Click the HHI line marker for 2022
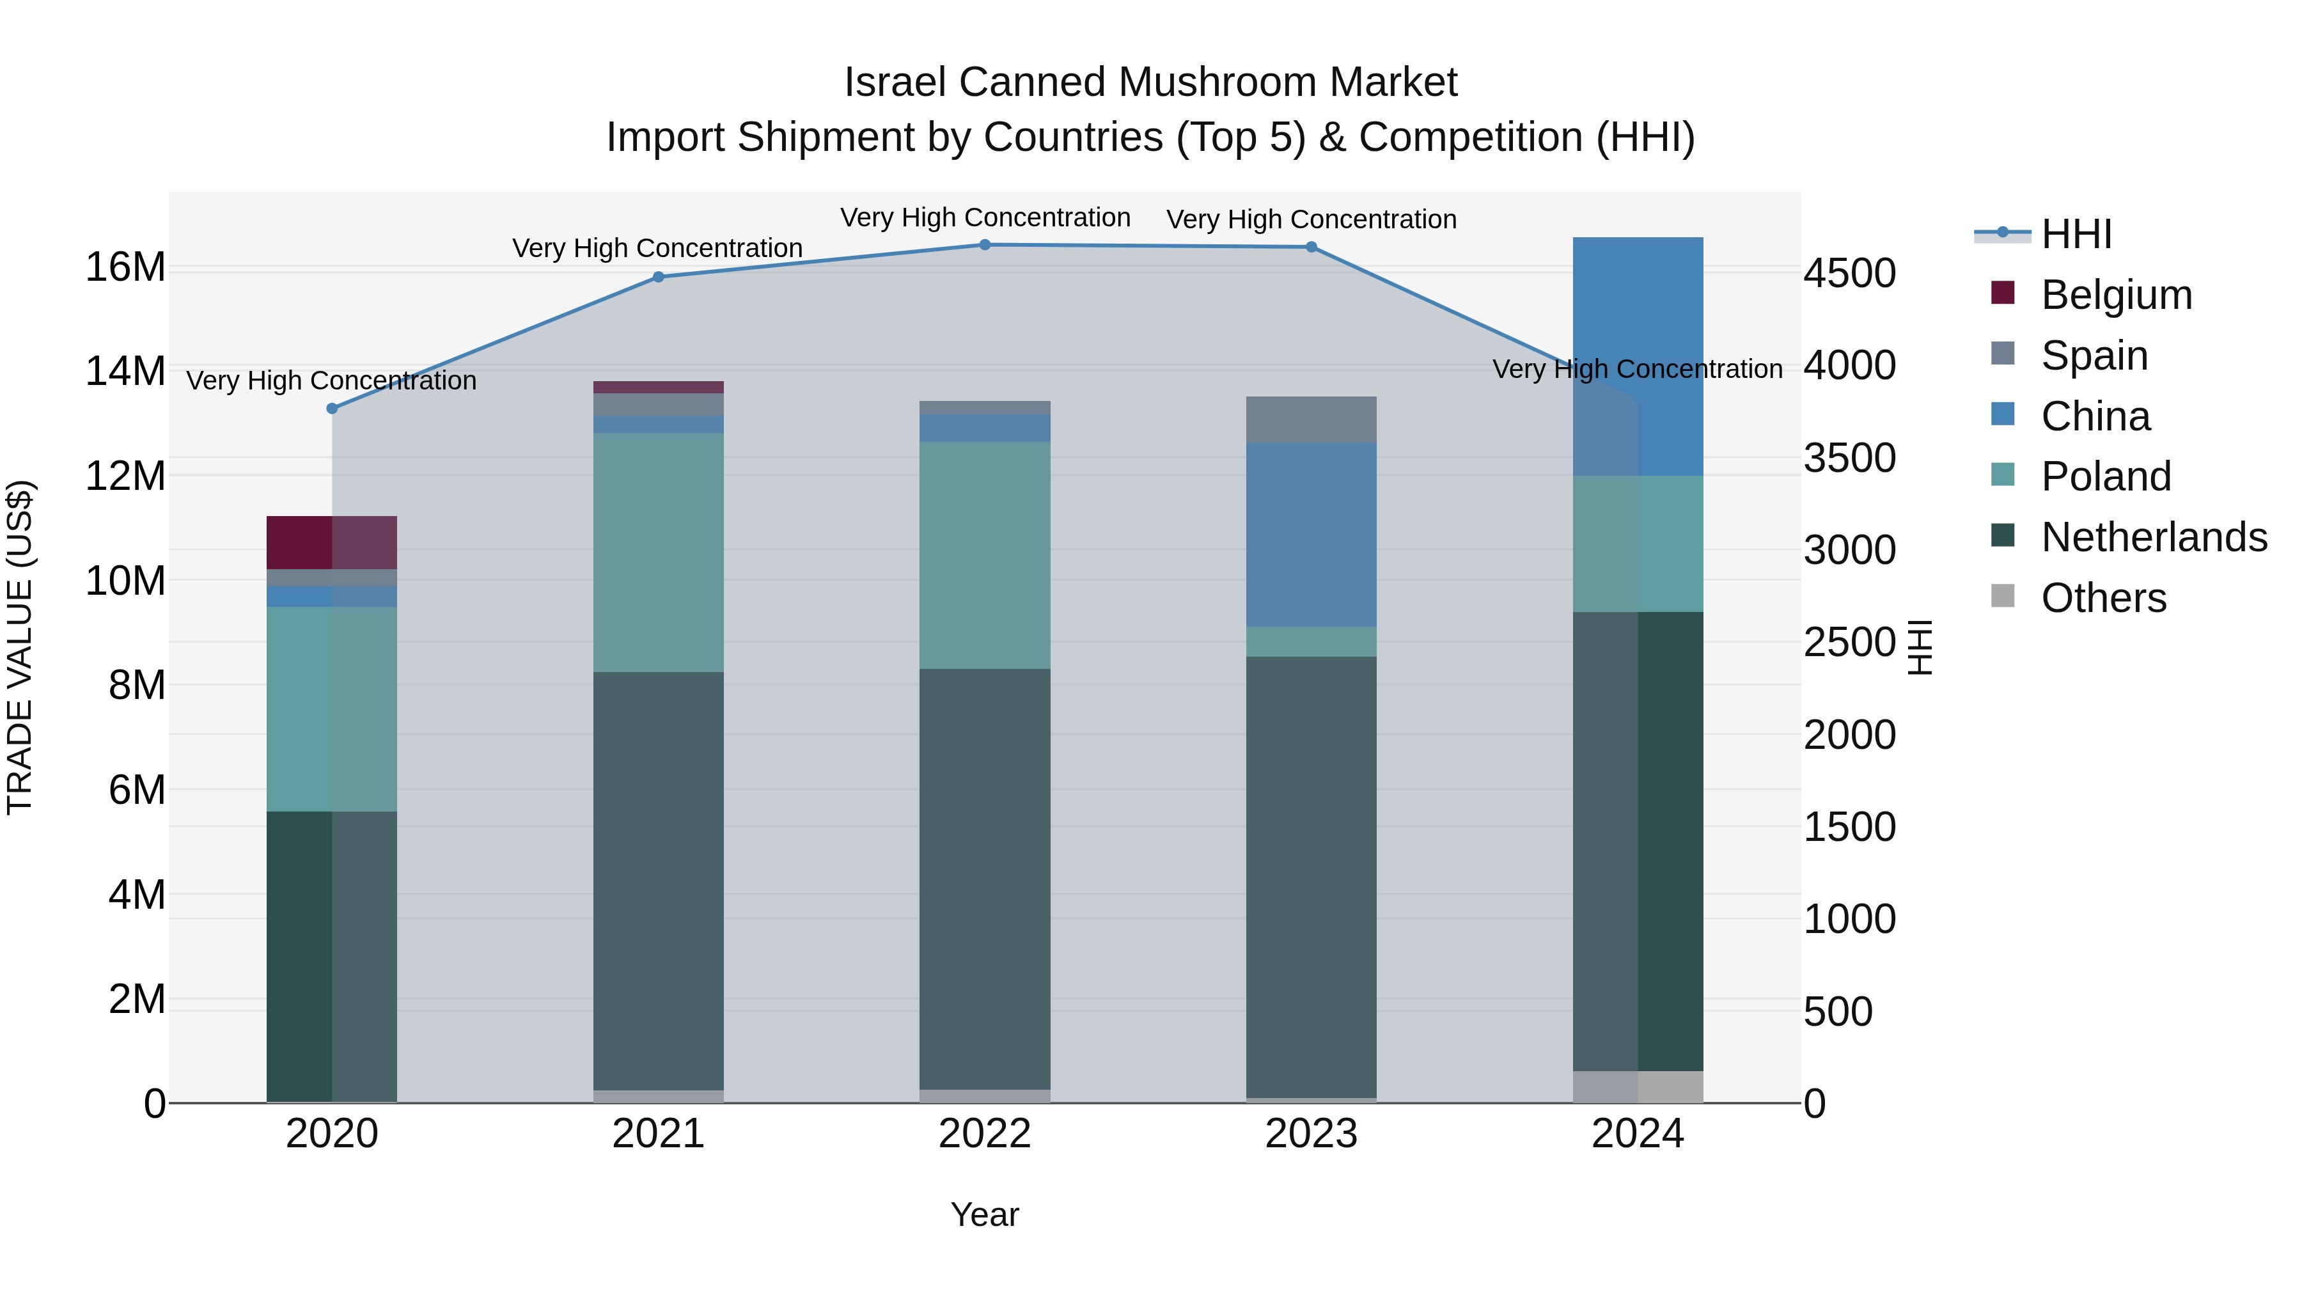click(x=985, y=245)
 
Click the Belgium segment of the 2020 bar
click(x=331, y=542)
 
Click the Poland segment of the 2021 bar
click(x=659, y=553)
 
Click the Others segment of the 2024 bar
click(x=1638, y=1087)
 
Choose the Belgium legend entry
click(x=2116, y=295)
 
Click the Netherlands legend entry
click(x=2154, y=537)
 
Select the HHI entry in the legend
click(x=2076, y=234)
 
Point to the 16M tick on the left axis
click(x=125, y=267)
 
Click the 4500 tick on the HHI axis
click(x=1849, y=274)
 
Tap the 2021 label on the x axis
click(x=659, y=1134)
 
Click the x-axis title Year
click(x=985, y=1214)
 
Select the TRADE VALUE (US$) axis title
click(x=20, y=647)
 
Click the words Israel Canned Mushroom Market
click(x=1150, y=82)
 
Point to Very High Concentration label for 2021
click(x=658, y=249)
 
